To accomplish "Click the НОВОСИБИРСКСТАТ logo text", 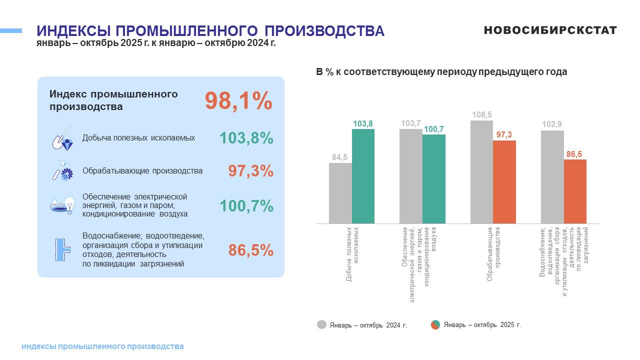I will pyautogui.click(x=550, y=30).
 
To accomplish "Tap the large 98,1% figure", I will pyautogui.click(x=238, y=101).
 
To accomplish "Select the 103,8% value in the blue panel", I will pyautogui.click(x=246, y=138).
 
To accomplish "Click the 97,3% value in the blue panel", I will pyautogui.click(x=250, y=171).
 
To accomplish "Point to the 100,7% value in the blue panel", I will pyautogui.click(x=246, y=205).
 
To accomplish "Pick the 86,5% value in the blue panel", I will pyautogui.click(x=250, y=250).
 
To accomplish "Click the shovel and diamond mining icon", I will pyautogui.click(x=62, y=138).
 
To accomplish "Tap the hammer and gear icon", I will pyautogui.click(x=62, y=170).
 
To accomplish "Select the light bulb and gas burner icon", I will pyautogui.click(x=62, y=205).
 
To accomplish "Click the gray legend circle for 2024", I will pyautogui.click(x=321, y=324).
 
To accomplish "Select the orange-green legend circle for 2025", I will pyautogui.click(x=435, y=324).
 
